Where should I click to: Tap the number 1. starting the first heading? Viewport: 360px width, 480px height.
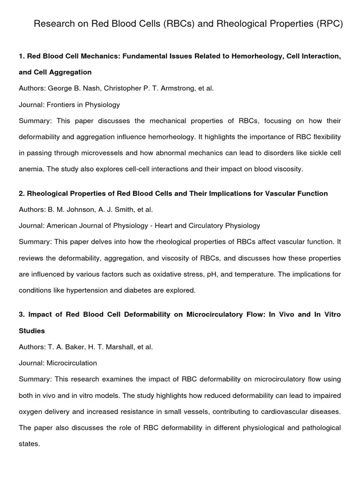(x=22, y=56)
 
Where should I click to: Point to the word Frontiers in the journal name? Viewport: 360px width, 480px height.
(x=61, y=105)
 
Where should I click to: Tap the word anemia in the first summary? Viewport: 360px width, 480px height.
(x=30, y=169)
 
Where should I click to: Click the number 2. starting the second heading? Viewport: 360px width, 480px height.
(x=22, y=194)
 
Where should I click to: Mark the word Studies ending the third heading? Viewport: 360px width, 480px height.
(x=32, y=330)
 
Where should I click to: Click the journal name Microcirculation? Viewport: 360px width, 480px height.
(x=71, y=363)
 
